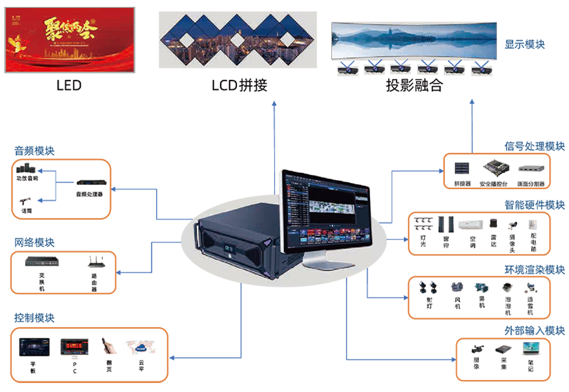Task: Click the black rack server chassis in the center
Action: coord(237,243)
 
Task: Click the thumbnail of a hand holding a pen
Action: coord(109,347)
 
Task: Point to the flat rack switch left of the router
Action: coord(42,262)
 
